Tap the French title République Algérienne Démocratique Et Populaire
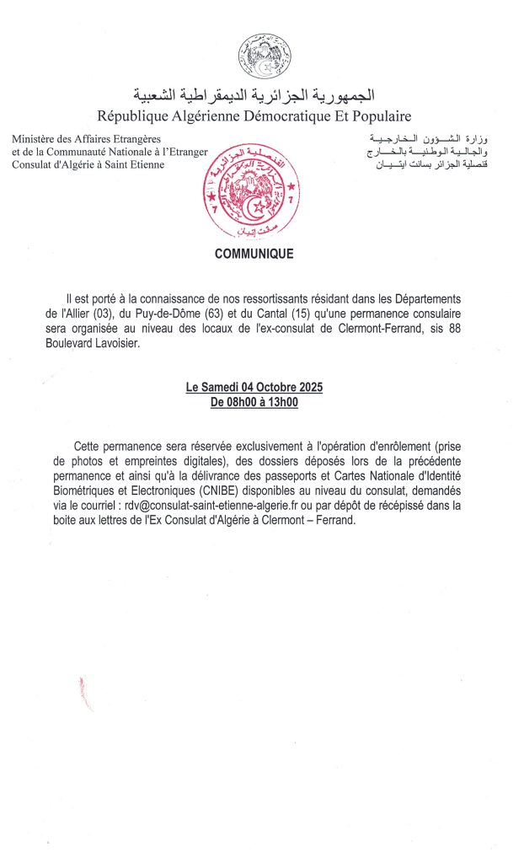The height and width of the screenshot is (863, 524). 254,115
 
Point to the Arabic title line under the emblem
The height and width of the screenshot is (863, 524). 254,94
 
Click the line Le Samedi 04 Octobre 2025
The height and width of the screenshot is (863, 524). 254,388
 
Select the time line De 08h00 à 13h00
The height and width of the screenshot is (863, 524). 254,402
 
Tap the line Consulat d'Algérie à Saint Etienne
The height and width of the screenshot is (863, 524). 88,164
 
